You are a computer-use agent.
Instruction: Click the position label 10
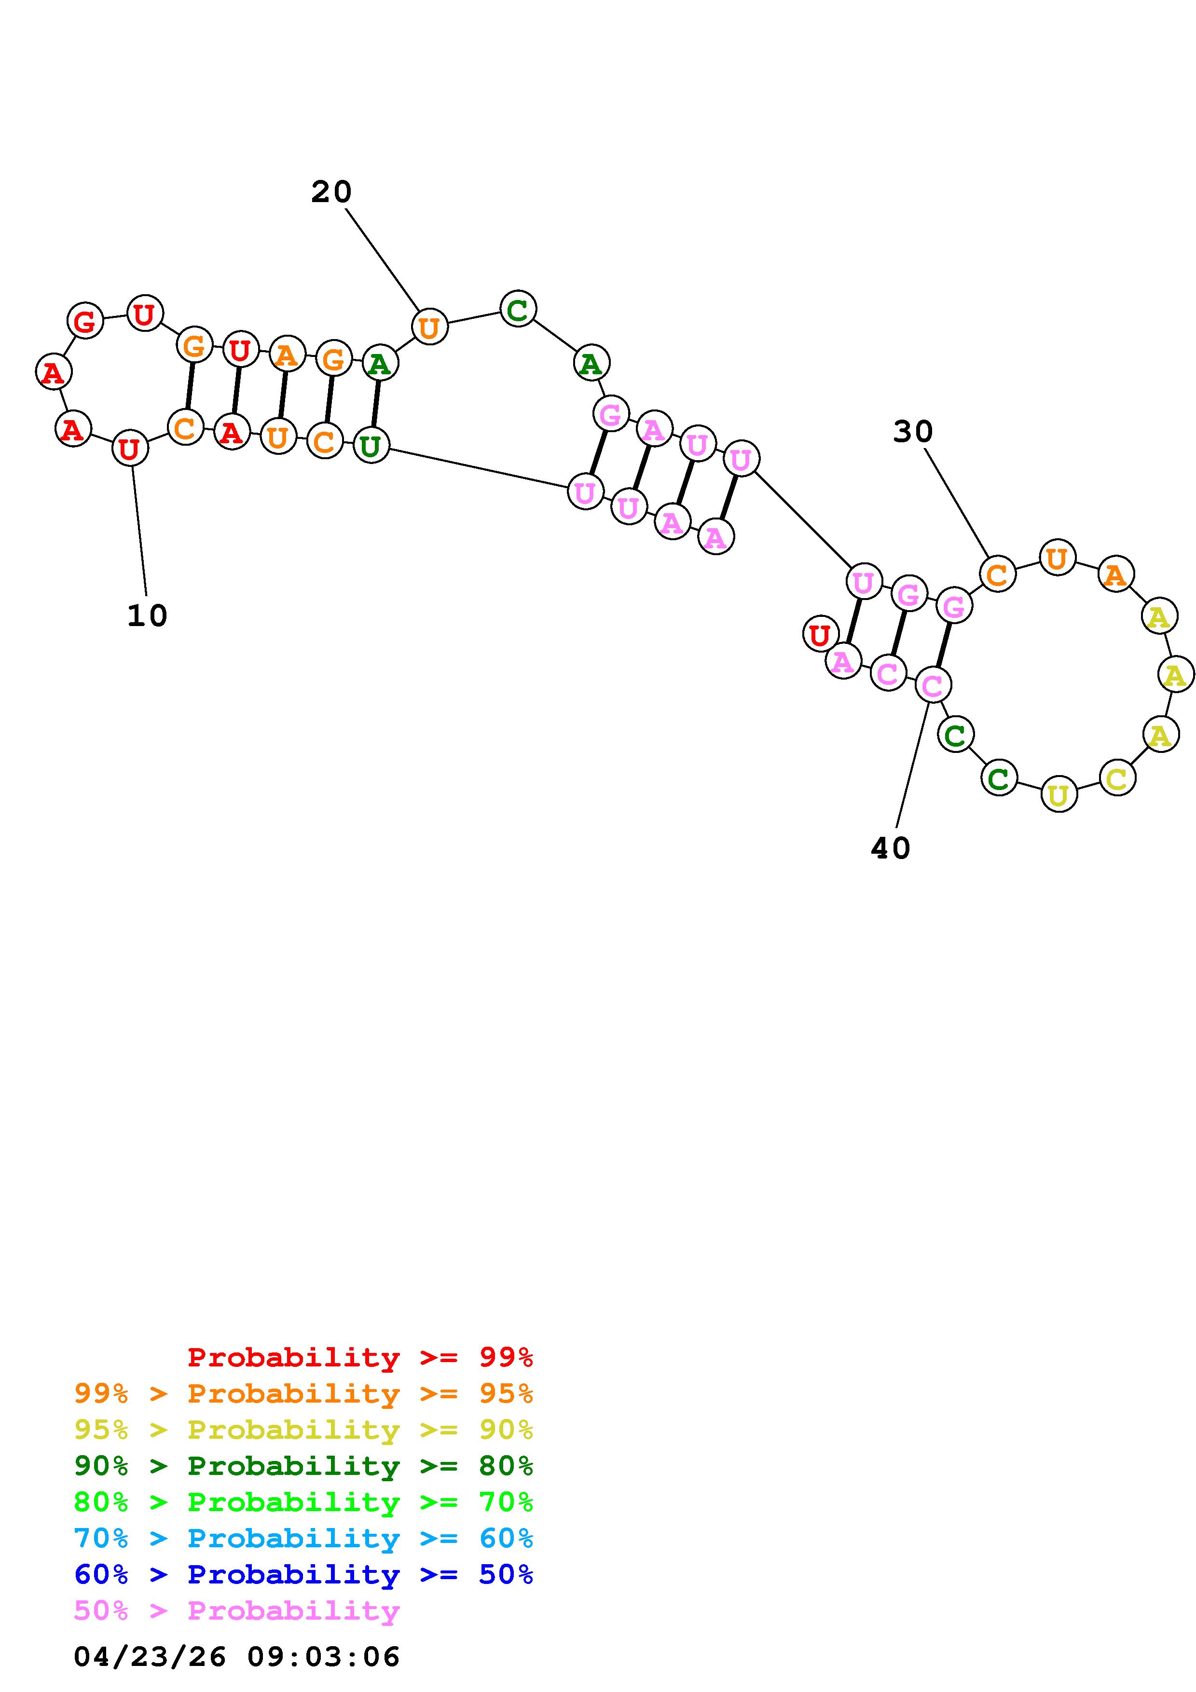tap(147, 615)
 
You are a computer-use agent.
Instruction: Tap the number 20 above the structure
tap(331, 192)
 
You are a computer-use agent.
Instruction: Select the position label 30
tap(912, 432)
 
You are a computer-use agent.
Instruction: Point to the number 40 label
tap(890, 849)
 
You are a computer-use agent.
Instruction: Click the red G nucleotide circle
tap(85, 321)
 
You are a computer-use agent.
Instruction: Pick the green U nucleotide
tap(371, 446)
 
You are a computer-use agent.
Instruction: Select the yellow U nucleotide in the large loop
tap(1058, 794)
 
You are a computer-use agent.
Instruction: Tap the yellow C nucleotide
tap(1117, 778)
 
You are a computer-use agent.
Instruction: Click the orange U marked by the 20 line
tap(429, 327)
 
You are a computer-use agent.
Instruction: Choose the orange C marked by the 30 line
tap(997, 574)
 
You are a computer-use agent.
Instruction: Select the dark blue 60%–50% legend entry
tap(303, 1575)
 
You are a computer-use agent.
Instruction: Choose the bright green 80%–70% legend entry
tap(303, 1502)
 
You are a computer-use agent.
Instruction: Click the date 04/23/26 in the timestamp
tap(150, 1657)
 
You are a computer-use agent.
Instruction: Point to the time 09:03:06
tap(323, 1657)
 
